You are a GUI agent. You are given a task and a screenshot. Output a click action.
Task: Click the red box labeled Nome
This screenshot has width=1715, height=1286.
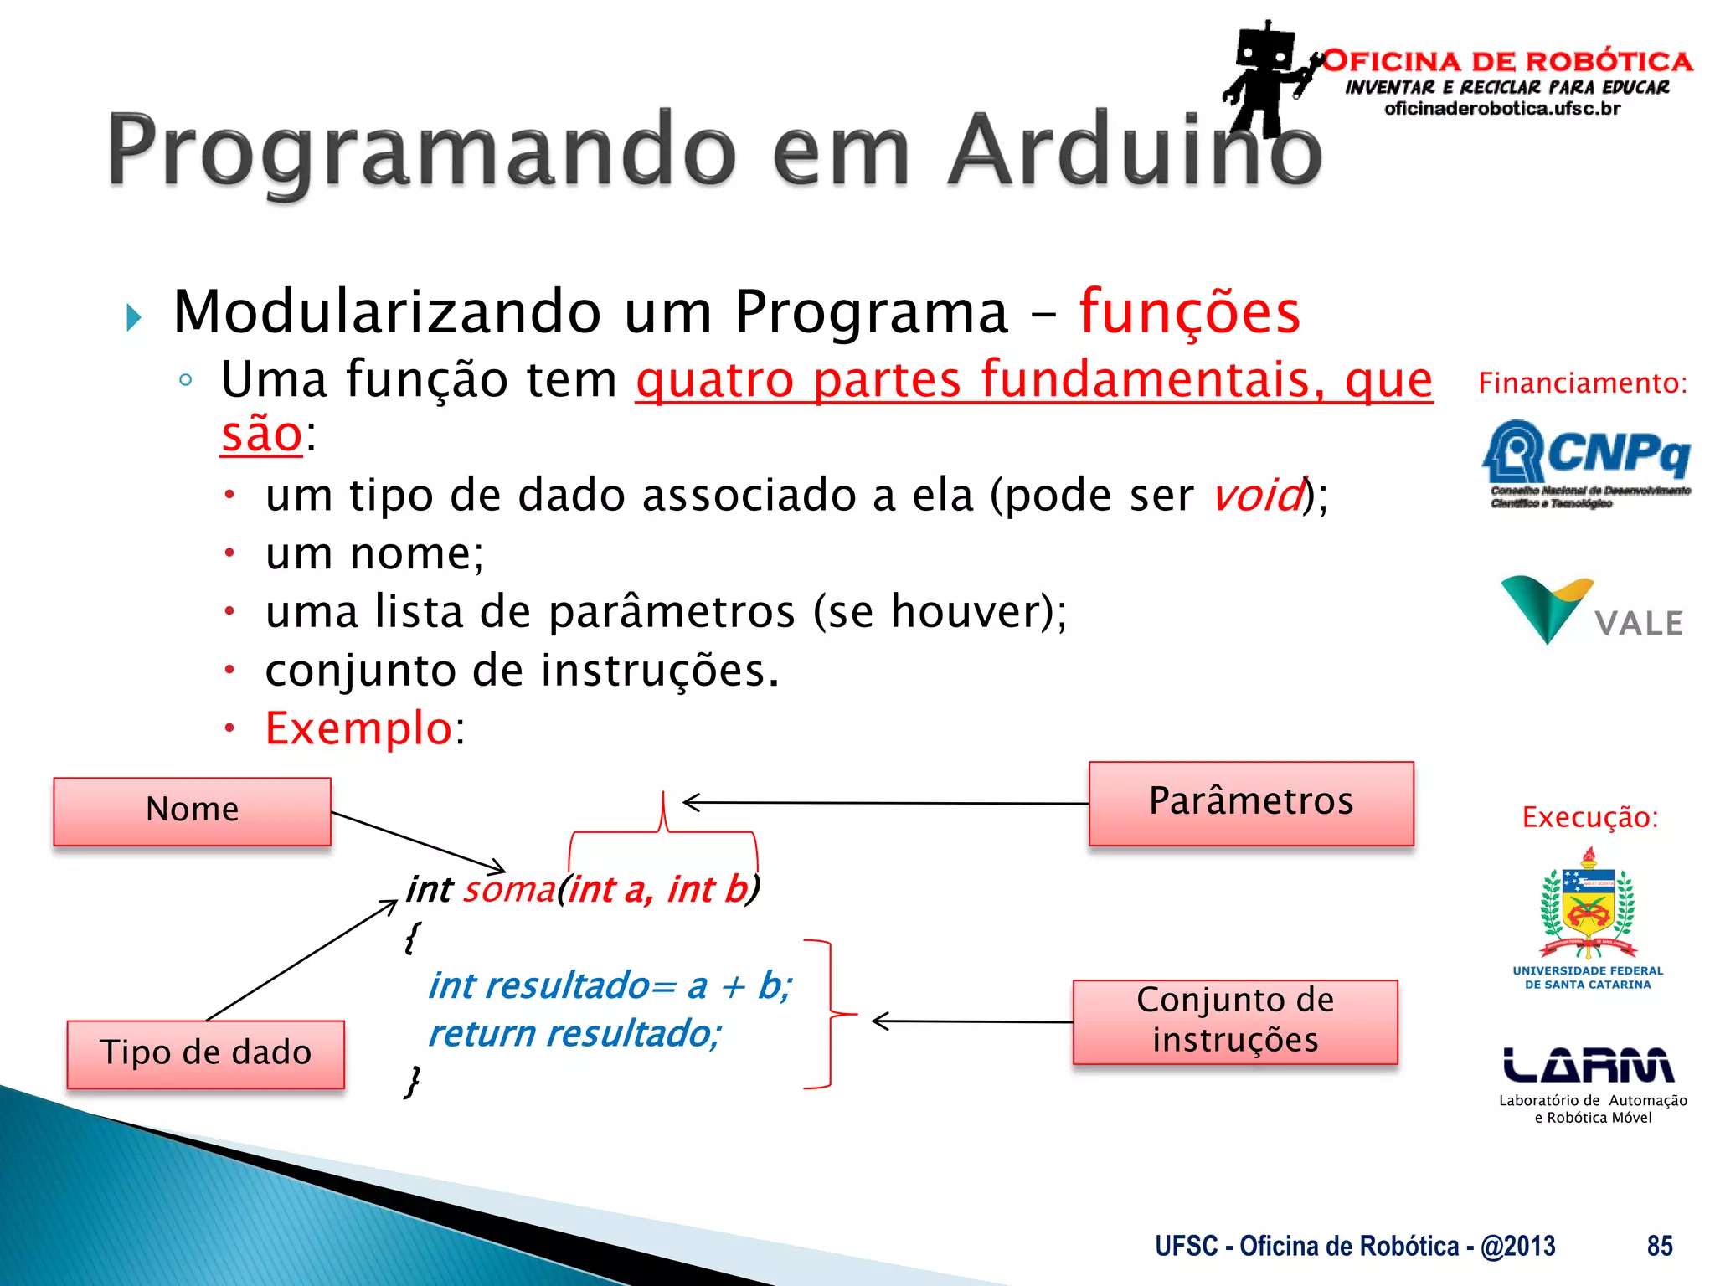pos(192,810)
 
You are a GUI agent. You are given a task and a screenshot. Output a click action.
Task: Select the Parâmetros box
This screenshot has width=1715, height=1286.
pos(1250,802)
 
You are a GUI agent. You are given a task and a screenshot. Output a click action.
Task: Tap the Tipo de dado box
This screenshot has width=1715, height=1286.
pos(205,1053)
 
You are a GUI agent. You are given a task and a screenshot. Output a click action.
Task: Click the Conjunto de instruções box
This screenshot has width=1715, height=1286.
pos(1234,1021)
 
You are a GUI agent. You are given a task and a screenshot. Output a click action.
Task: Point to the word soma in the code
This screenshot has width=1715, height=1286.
pos(509,889)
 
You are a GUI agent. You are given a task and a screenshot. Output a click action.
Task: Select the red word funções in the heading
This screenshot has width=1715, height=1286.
pos(1189,311)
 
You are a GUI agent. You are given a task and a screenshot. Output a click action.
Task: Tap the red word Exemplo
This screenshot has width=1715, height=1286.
pos(358,728)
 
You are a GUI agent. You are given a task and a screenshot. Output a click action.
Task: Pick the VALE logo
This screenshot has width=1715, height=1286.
pos(1590,610)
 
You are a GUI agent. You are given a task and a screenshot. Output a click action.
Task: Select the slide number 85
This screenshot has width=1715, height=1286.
pos(1659,1246)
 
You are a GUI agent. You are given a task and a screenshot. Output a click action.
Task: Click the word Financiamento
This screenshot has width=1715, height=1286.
pos(1581,383)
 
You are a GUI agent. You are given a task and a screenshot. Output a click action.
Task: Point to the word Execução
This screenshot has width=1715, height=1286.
pos(1589,817)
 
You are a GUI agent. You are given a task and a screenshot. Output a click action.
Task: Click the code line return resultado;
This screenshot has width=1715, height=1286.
pos(574,1034)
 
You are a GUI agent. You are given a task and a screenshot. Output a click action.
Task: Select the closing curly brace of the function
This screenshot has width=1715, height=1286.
pos(412,1082)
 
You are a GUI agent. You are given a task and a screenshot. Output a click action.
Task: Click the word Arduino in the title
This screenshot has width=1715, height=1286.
pos(1135,151)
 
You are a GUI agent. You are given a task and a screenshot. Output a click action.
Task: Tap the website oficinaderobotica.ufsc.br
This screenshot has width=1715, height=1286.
pos(1502,109)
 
